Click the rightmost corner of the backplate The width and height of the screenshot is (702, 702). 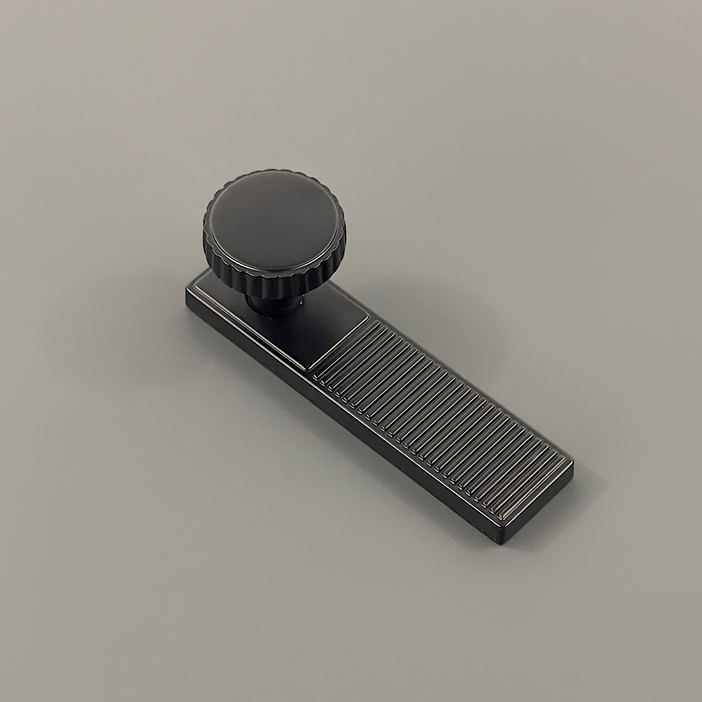click(x=573, y=463)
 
